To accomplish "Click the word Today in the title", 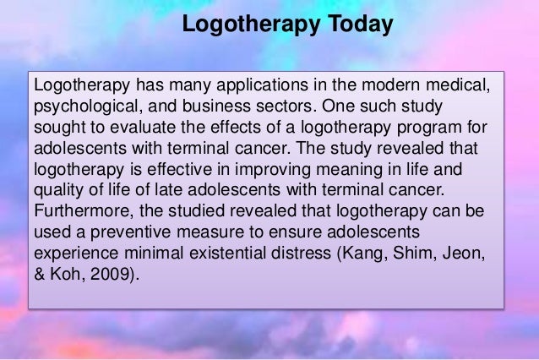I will coord(358,25).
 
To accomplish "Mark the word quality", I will coord(56,187).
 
